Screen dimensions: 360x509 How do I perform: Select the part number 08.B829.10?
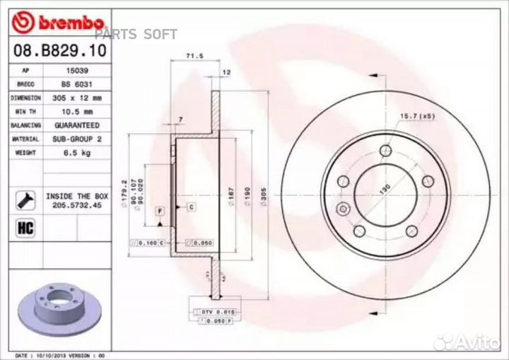pyautogui.click(x=49, y=52)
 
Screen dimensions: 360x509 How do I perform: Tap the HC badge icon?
pyautogui.click(x=24, y=228)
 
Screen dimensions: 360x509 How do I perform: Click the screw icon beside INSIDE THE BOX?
pyautogui.click(x=24, y=199)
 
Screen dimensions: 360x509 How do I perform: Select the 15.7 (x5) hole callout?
pyautogui.click(x=417, y=116)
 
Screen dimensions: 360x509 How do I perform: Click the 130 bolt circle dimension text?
pyautogui.click(x=386, y=190)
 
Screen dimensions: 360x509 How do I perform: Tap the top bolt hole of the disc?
pyautogui.click(x=385, y=151)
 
